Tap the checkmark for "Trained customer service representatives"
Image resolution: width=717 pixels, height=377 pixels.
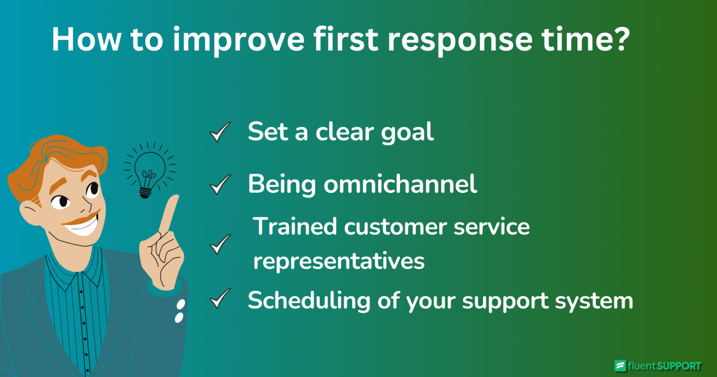(220, 244)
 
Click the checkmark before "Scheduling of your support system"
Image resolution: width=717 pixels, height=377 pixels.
(220, 299)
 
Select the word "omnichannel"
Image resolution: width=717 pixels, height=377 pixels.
(400, 184)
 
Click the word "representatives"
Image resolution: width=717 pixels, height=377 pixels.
(339, 261)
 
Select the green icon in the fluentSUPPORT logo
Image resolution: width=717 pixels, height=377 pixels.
(620, 366)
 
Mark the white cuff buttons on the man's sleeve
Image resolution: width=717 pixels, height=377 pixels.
(179, 311)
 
